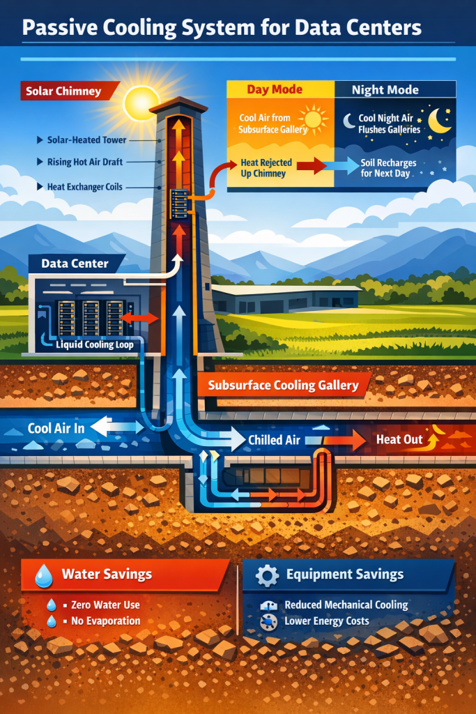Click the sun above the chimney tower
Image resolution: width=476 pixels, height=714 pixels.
(141, 102)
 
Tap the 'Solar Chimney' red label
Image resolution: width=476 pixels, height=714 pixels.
(63, 91)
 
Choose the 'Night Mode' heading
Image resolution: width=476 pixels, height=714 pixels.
(385, 89)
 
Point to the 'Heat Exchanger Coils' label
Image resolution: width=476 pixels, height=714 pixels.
(85, 187)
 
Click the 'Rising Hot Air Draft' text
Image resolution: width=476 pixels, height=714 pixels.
(86, 162)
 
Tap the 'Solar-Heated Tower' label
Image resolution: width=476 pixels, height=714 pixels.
(87, 140)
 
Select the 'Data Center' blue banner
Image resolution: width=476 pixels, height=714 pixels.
(75, 264)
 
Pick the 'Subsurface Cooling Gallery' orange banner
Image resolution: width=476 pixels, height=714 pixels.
(283, 385)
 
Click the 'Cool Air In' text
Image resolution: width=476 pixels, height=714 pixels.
(56, 428)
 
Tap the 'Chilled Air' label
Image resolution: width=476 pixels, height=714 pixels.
(274, 440)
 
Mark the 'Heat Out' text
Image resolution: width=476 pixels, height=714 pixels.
(398, 440)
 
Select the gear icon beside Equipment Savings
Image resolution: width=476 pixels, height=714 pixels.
(267, 575)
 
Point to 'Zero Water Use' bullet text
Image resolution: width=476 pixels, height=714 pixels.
(105, 605)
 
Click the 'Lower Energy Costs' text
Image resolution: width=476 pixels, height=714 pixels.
(327, 621)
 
